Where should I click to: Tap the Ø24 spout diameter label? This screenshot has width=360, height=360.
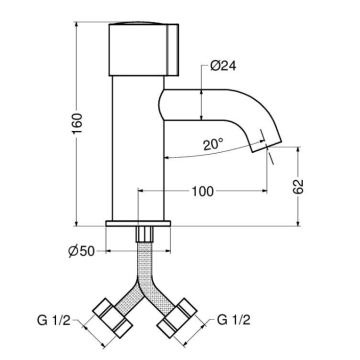[223, 67]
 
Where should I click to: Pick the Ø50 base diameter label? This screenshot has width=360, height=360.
[93, 249]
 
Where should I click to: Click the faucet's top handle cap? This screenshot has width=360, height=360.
[142, 47]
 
